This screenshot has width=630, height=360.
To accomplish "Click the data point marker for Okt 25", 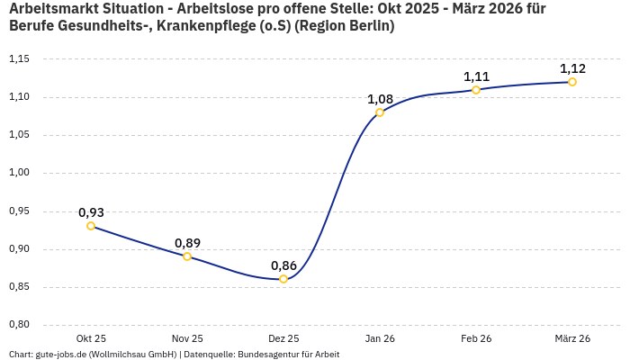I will pos(91,226).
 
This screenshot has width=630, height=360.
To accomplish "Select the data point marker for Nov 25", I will pos(187,256).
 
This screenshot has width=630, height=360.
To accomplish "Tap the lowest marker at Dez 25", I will pos(283,279).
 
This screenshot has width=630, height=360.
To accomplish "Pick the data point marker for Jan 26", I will pos(380,112).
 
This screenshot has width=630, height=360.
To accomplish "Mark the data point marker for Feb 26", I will pos(476,90).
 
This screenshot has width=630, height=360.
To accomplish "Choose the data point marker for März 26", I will pos(572,82).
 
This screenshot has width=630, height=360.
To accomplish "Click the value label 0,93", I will pos(91,212).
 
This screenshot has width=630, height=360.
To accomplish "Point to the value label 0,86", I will pos(283,265).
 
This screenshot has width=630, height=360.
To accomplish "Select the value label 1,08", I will pos(380,99).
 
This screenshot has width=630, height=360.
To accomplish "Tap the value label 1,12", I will pos(572,68).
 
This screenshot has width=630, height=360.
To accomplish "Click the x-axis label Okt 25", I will pos(91,338).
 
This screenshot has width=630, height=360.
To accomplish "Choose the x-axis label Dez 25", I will pos(283,338).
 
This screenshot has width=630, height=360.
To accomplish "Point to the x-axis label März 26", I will pos(572,338).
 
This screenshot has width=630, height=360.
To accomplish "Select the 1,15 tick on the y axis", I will pos(19,59).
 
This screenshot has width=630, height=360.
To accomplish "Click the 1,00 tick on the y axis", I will pos(19,173).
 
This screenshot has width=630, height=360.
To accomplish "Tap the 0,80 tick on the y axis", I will pos(19,325).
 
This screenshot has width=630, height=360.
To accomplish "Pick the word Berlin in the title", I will pos(368,26).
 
